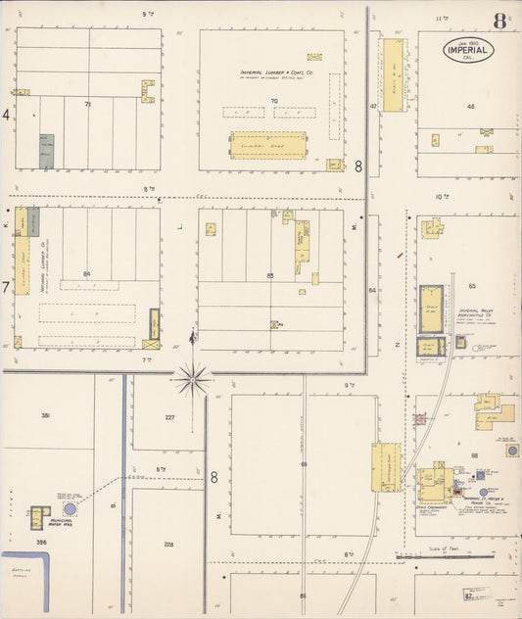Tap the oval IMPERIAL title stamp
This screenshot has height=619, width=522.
468,50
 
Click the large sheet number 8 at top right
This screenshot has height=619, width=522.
500,21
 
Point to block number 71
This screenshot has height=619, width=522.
87,103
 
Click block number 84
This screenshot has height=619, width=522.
87,273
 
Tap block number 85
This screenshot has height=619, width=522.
270,275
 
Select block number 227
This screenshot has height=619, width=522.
169,417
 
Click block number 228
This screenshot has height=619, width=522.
168,545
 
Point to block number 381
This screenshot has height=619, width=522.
45,416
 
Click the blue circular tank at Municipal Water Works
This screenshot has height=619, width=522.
71,509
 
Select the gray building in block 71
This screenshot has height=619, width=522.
46,151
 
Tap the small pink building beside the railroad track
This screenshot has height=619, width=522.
420,419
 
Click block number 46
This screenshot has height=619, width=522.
470,106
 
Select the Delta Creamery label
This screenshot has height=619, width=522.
431,507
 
